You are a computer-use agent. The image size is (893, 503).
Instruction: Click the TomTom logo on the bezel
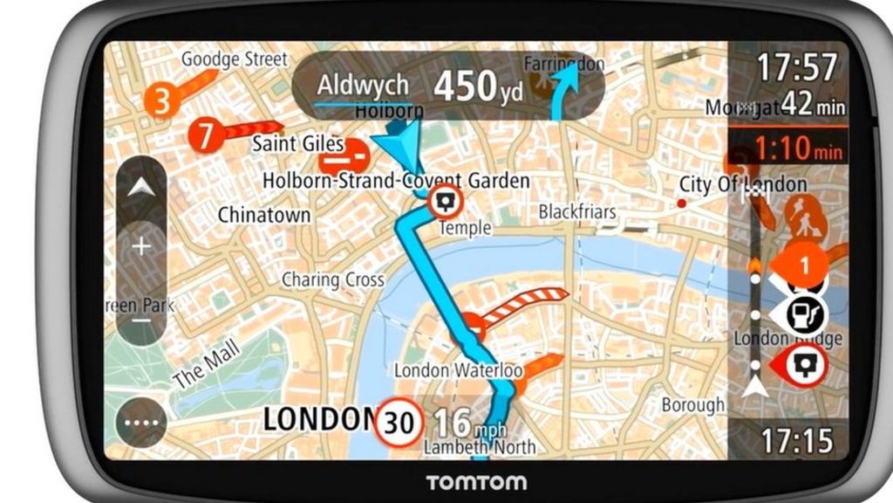tap(475, 482)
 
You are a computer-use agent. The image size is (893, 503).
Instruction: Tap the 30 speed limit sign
tap(399, 423)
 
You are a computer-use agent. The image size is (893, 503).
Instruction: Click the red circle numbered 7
tap(207, 135)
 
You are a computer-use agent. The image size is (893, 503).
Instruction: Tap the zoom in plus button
tap(141, 246)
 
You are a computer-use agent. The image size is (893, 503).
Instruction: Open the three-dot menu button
tap(141, 424)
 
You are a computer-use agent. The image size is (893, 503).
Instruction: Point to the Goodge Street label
tap(234, 59)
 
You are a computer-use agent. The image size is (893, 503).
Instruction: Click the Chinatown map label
tap(263, 214)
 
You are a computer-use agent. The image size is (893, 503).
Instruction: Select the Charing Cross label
tap(332, 280)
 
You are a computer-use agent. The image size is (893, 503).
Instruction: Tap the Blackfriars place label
tap(576, 211)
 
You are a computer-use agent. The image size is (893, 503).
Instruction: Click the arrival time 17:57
tap(796, 66)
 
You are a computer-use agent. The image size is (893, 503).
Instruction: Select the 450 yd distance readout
tap(478, 86)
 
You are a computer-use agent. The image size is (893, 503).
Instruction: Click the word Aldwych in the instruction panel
tap(363, 86)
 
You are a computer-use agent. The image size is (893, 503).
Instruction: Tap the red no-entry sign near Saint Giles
tap(344, 159)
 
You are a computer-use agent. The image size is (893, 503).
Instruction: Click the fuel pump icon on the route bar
tap(803, 314)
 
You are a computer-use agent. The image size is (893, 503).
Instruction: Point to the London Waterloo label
tap(458, 370)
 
